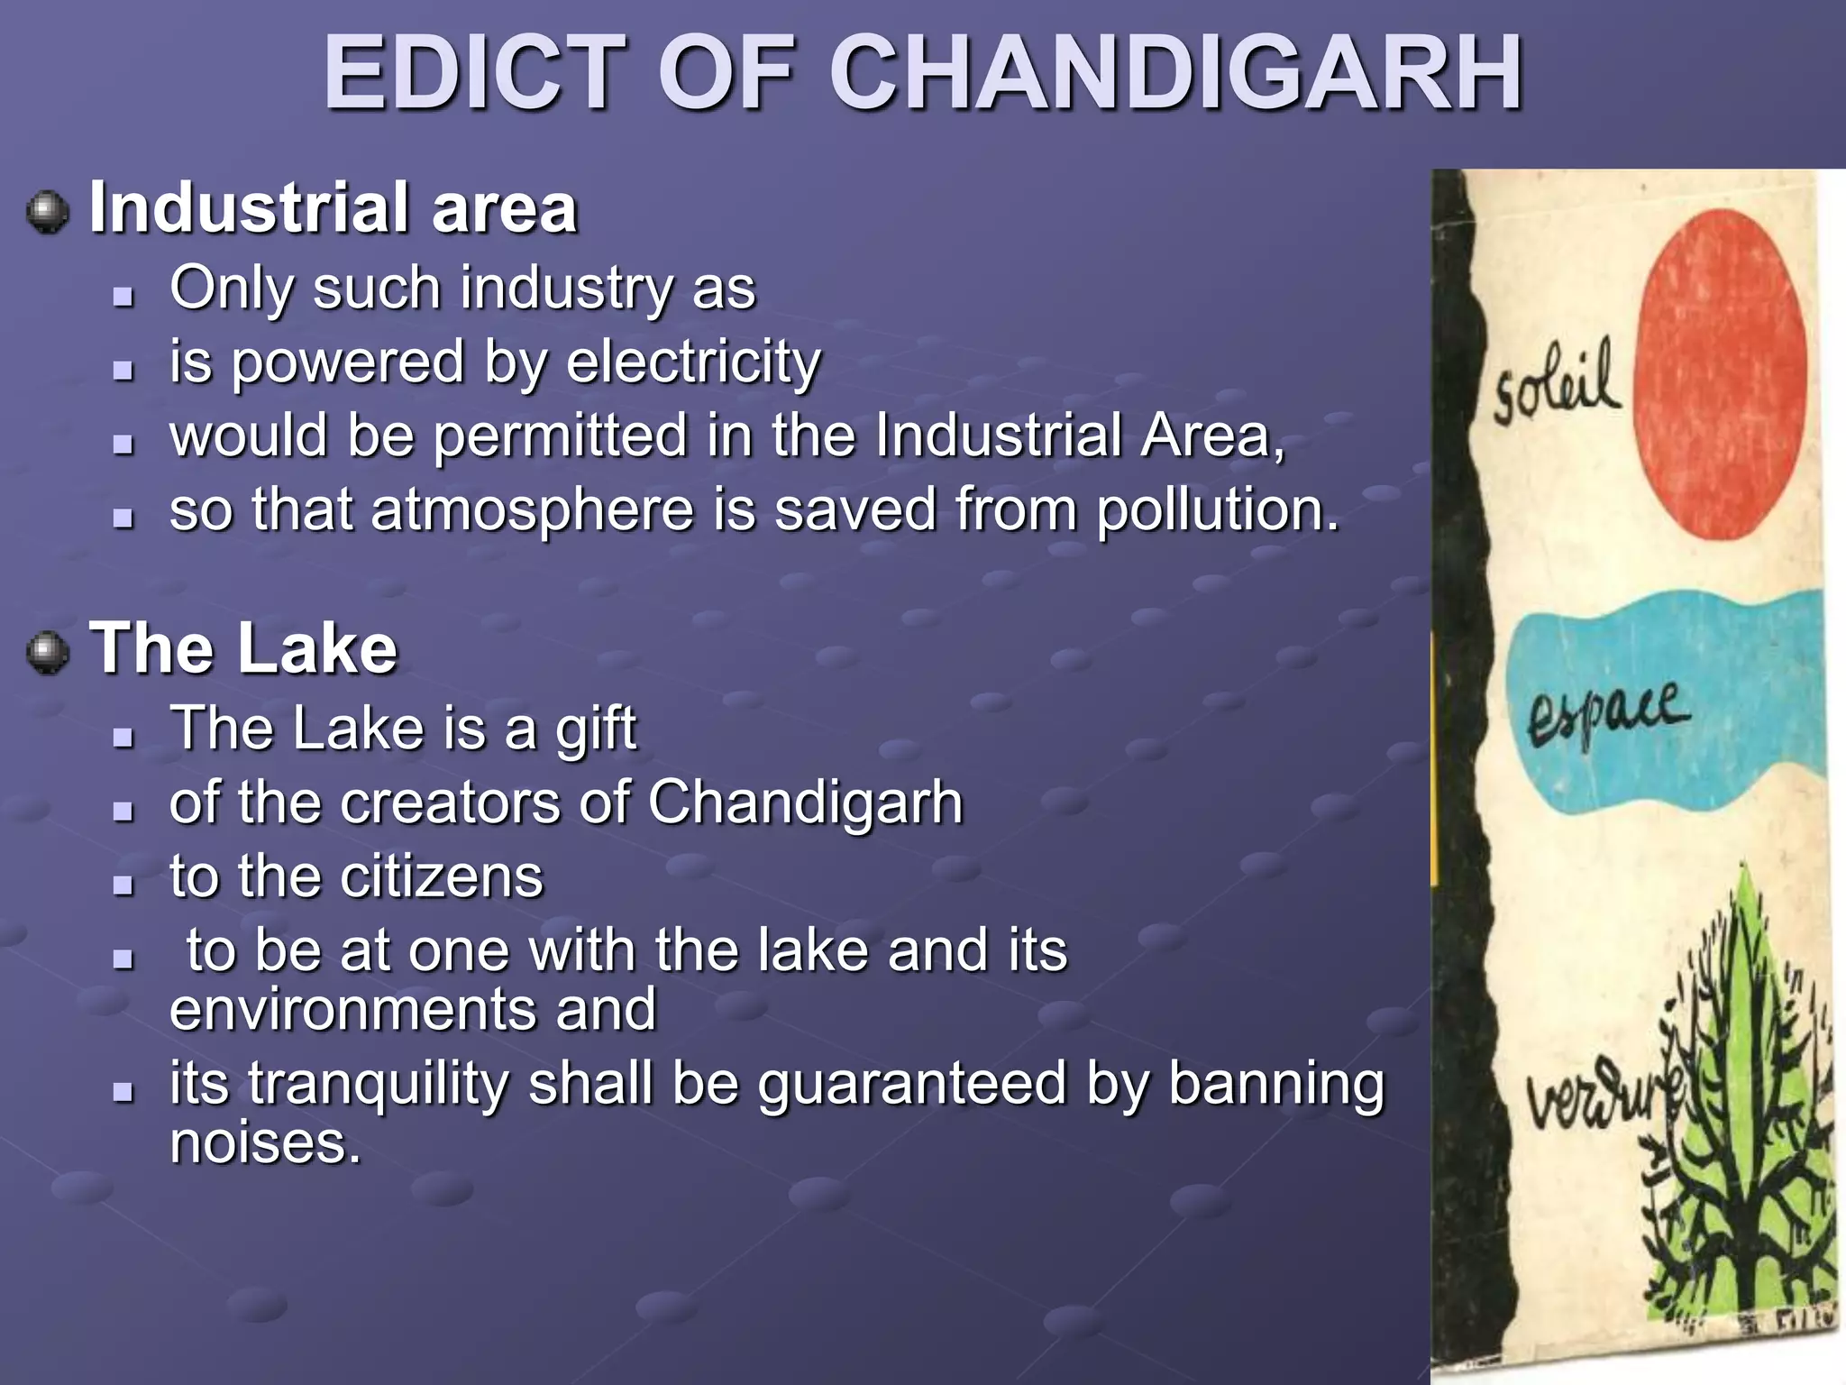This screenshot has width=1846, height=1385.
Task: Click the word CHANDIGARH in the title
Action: tap(1175, 74)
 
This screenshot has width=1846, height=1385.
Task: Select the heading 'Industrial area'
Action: tap(333, 208)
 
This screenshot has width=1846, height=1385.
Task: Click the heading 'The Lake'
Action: tap(243, 648)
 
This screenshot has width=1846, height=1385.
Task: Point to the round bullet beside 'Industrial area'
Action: tap(48, 213)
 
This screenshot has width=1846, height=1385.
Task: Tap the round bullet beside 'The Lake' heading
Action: tap(48, 653)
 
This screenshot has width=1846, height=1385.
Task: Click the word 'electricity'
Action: tap(693, 362)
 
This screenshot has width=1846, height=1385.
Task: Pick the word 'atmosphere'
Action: tap(533, 510)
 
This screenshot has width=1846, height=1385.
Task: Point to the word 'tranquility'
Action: tap(379, 1084)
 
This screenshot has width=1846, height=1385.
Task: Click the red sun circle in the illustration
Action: tap(1720, 374)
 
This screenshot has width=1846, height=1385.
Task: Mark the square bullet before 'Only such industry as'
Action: tap(123, 295)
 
